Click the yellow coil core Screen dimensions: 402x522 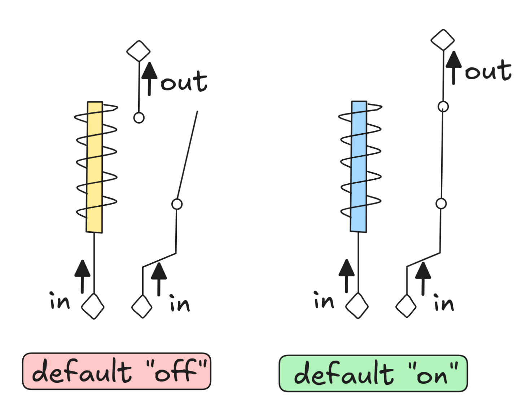(95, 167)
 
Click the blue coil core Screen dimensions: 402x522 (359, 166)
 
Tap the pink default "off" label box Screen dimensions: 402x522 (117, 371)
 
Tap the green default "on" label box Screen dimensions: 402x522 (373, 373)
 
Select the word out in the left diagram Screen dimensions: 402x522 (184, 82)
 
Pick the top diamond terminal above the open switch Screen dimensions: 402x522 (139, 51)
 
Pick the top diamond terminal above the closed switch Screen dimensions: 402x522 (443, 40)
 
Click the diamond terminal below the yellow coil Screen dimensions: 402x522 (93, 307)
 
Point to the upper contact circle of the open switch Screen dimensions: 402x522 (139, 118)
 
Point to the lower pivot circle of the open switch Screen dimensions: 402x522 (177, 204)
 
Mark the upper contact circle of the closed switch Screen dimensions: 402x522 (443, 107)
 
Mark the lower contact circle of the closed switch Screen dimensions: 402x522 (441, 204)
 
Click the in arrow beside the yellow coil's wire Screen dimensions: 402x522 (83, 276)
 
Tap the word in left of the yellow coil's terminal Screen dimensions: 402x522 (60, 301)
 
